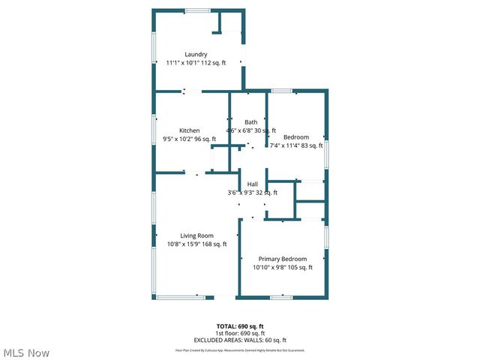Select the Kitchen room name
(189, 130)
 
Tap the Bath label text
(250, 121)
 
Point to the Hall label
(253, 184)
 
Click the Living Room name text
(196, 235)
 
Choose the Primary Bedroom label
(283, 259)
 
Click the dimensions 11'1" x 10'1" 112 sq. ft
(196, 63)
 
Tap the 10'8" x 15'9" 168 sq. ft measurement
(196, 244)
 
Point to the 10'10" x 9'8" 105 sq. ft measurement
(283, 267)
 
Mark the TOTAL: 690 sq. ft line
(240, 326)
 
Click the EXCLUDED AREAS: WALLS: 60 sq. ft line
(240, 340)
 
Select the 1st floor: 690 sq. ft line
(240, 333)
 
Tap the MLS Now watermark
(26, 352)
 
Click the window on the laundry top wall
(198, 10)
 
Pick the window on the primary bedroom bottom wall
(281, 298)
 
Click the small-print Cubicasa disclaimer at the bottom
(240, 350)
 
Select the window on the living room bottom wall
(180, 298)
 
